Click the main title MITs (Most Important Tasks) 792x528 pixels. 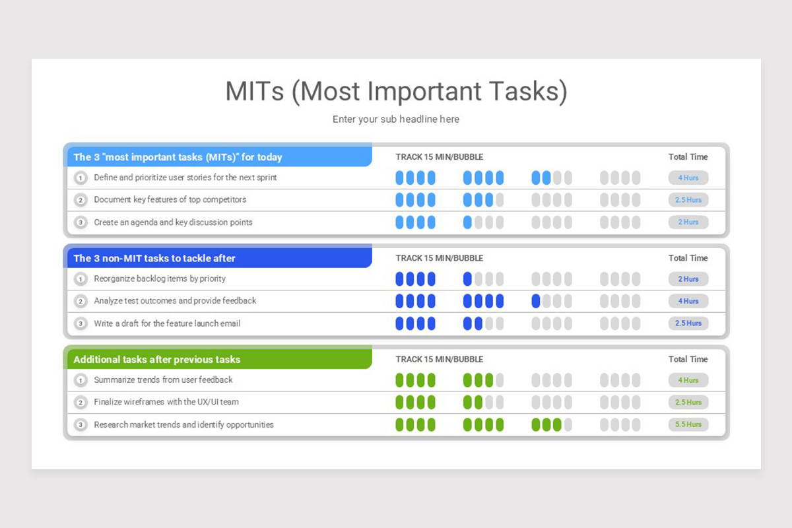396,92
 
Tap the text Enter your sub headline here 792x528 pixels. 396,119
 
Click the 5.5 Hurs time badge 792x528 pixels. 688,424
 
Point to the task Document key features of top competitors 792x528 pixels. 170,199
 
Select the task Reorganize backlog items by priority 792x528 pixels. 160,279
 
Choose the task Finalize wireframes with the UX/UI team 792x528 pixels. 166,402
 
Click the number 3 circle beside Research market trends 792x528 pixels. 81,425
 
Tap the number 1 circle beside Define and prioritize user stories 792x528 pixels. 81,178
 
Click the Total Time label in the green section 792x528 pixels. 688,359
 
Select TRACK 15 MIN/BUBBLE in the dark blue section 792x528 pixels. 439,258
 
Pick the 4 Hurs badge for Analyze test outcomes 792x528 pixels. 688,301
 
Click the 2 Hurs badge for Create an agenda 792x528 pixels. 688,222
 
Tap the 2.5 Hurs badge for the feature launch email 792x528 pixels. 688,323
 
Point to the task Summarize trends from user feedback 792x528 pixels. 163,379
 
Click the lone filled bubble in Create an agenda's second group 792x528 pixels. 468,222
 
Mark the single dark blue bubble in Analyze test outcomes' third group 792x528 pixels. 536,301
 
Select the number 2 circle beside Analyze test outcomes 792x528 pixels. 81,301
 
